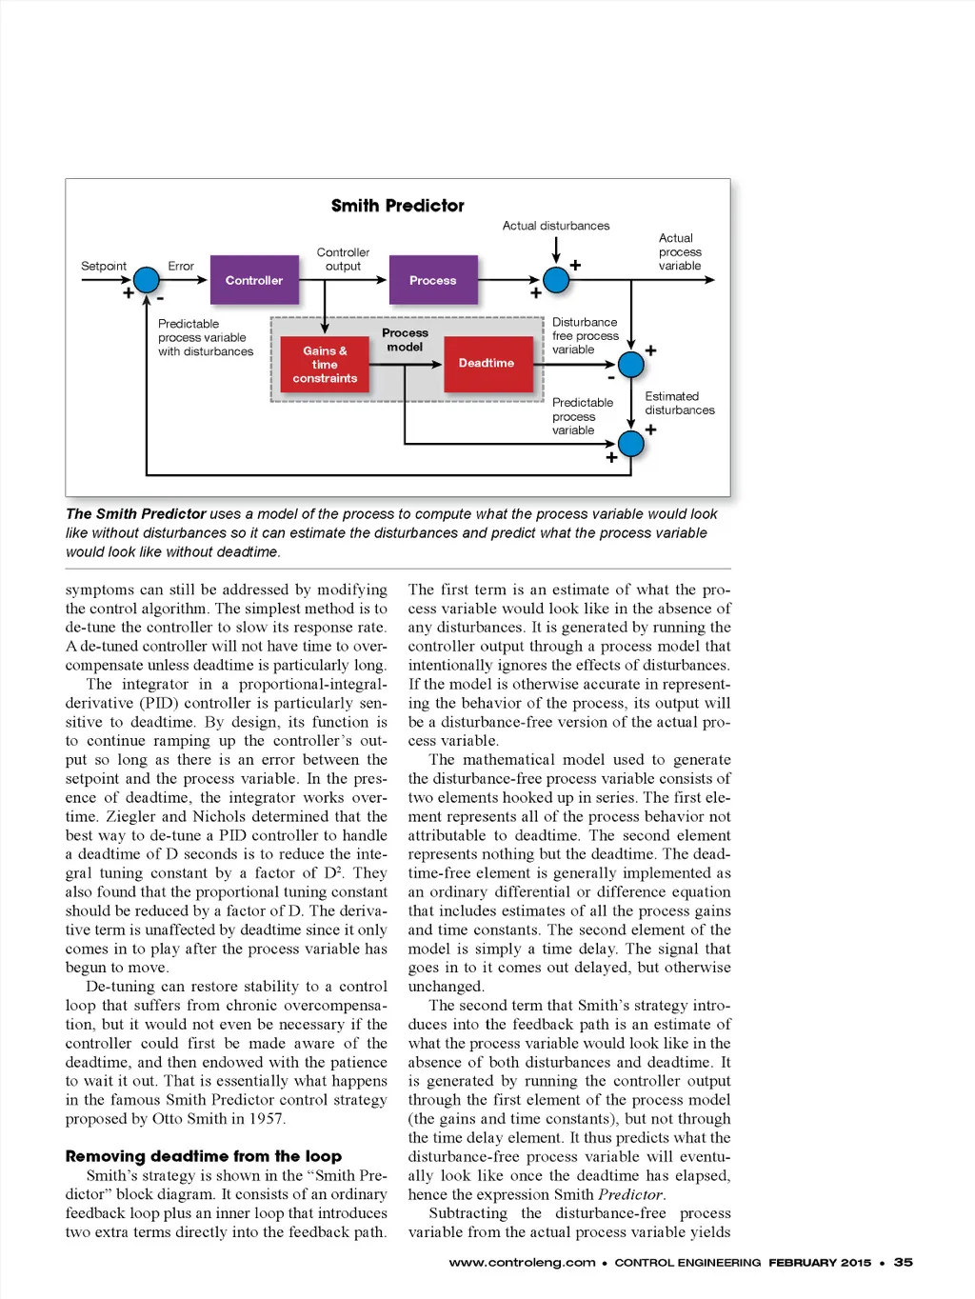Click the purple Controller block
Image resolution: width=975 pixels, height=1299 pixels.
(253, 280)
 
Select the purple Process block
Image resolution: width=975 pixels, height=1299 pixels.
(432, 280)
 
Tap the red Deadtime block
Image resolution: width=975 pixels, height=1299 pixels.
(486, 363)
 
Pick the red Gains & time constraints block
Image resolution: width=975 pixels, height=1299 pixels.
(325, 364)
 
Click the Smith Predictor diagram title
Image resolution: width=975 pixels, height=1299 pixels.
(397, 206)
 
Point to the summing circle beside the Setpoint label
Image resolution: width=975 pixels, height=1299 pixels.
(147, 280)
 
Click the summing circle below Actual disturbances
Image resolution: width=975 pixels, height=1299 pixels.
(556, 280)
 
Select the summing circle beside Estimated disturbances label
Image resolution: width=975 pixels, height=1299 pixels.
(631, 364)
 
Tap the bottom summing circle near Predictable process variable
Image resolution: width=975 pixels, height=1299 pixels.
(631, 443)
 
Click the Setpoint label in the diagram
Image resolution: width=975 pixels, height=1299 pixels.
(104, 266)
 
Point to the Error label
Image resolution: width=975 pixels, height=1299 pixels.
(181, 266)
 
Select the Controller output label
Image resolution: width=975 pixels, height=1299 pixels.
(343, 259)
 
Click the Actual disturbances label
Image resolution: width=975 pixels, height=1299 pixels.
(556, 226)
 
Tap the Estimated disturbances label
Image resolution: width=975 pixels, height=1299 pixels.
(679, 403)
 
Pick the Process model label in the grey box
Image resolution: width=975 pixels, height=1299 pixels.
(405, 340)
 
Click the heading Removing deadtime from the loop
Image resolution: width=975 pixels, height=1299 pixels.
(203, 1156)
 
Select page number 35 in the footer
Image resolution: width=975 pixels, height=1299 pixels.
(903, 1262)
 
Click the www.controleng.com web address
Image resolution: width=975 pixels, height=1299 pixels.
(522, 1263)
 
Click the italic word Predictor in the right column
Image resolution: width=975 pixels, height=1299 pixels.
(629, 1194)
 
